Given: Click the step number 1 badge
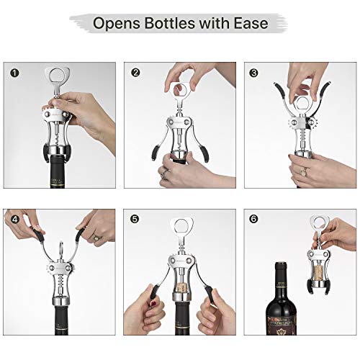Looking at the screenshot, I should pos(14,73).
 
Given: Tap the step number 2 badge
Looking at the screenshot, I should pos(135,73).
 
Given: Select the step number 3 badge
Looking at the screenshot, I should pos(253,73).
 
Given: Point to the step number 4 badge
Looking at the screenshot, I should pos(14,218).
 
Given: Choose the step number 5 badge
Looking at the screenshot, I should pos(135,218).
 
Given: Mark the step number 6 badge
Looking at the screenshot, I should pos(253,218).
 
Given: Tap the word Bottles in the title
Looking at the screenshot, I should pos(177,24).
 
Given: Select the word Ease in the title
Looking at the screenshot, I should pos(251,24).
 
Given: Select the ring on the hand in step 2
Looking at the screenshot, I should pos(164,172).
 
